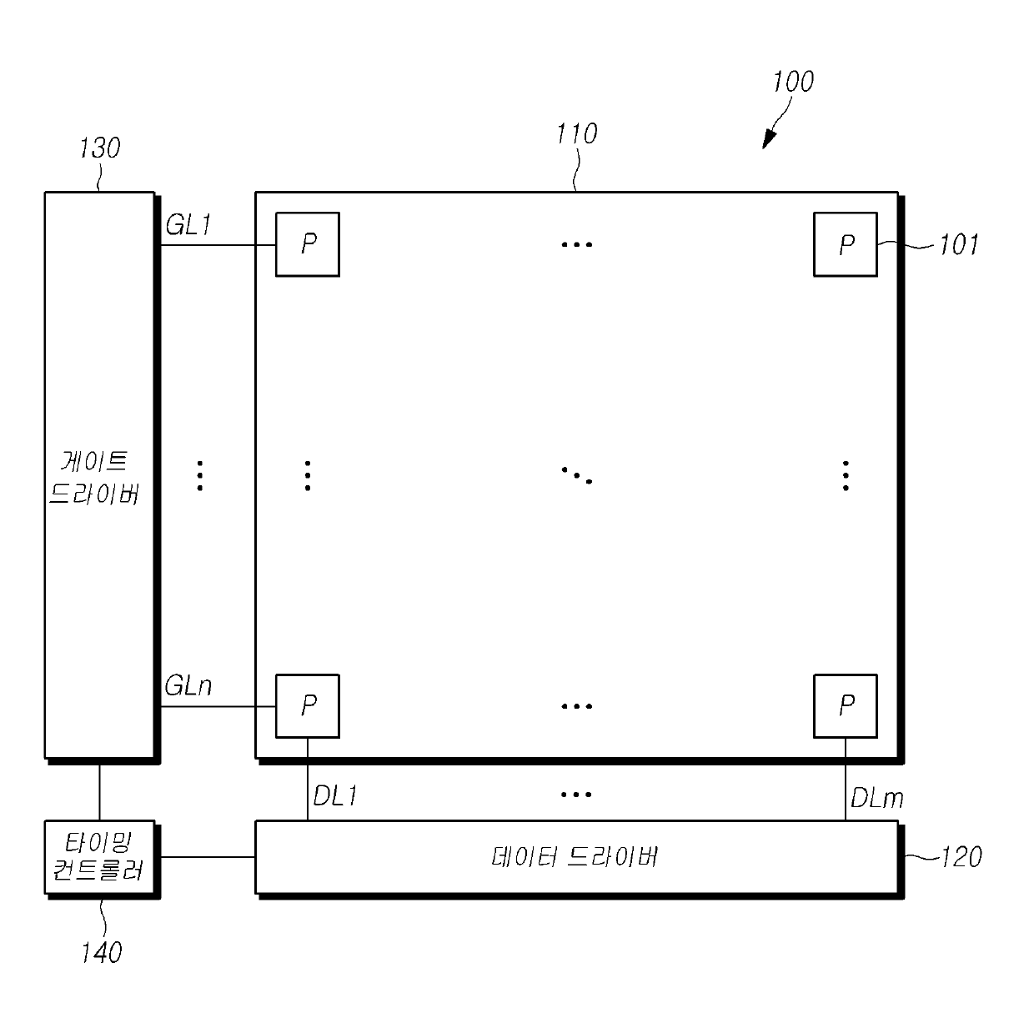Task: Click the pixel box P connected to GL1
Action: pyautogui.click(x=308, y=244)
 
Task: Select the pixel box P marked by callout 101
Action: pyautogui.click(x=845, y=244)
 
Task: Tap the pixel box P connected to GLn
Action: pyautogui.click(x=308, y=705)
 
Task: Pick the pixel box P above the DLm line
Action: pyautogui.click(x=845, y=705)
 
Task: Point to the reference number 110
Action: pyautogui.click(x=576, y=133)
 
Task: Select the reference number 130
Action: pyautogui.click(x=99, y=148)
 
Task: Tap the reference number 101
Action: pyautogui.click(x=958, y=245)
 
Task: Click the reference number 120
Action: pyautogui.click(x=961, y=857)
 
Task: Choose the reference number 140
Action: pyautogui.click(x=101, y=952)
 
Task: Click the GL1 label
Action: pyautogui.click(x=188, y=225)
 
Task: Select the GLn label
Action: pyautogui.click(x=188, y=686)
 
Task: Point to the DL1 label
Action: pyautogui.click(x=335, y=796)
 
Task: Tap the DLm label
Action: pyautogui.click(x=876, y=798)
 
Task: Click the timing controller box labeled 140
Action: pyautogui.click(x=101, y=859)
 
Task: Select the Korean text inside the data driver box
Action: pyautogui.click(x=575, y=857)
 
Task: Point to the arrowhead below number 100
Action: pyautogui.click(x=768, y=141)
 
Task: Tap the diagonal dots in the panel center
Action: pyautogui.click(x=576, y=475)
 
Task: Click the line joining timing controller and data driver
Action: pyautogui.click(x=207, y=856)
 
